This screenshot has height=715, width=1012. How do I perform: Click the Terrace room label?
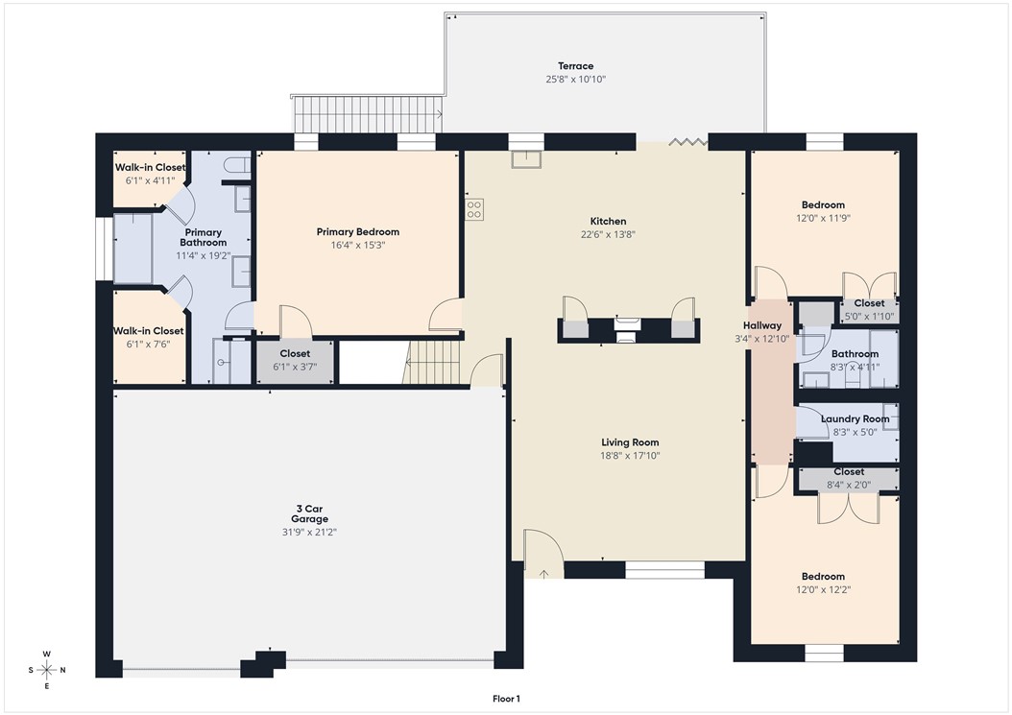tap(576, 66)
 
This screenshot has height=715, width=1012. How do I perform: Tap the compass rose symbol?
tap(46, 670)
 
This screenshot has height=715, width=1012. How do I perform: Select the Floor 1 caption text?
tap(505, 699)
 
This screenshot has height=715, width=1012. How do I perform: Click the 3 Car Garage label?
tap(310, 513)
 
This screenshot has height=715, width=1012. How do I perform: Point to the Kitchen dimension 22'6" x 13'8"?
tap(609, 234)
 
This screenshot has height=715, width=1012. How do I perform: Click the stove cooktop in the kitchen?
tap(474, 208)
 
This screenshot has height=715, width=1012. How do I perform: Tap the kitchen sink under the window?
tap(525, 159)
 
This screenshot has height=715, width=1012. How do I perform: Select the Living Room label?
tap(630, 442)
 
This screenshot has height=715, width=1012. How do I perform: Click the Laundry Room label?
tap(855, 418)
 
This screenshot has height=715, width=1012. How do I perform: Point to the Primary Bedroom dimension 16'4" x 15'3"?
tap(357, 245)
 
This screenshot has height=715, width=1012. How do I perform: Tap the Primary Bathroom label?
tap(203, 237)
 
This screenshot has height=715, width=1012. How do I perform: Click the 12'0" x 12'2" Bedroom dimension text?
tap(824, 589)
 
